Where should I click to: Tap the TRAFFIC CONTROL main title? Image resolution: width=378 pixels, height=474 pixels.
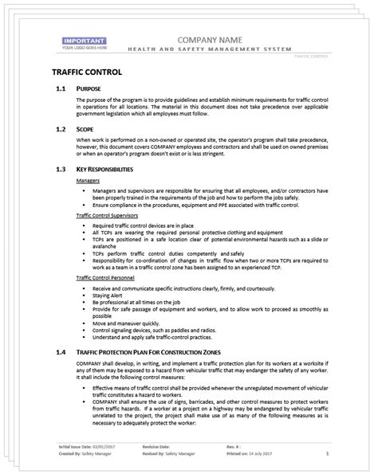pos(81,72)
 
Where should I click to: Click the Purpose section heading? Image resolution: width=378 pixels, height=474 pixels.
pos(91,88)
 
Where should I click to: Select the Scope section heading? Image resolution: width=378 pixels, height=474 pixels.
pos(87,127)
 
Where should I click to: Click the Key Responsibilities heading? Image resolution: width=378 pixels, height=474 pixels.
pos(111,169)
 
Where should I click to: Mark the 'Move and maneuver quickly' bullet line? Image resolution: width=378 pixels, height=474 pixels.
pos(132,323)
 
